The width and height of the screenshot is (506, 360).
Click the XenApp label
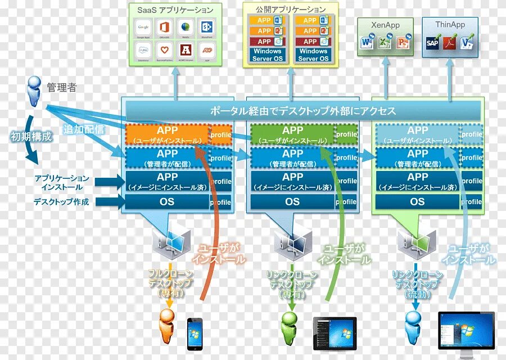[x=386, y=25]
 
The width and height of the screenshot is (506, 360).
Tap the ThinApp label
[x=450, y=25]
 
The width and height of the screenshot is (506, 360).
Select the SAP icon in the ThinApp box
[x=433, y=43]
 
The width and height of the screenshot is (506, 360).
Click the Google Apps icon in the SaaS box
[x=143, y=27]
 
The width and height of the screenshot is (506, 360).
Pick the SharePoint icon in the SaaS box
[x=206, y=27]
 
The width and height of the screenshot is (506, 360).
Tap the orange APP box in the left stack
[x=167, y=134]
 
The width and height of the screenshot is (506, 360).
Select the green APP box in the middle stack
[x=292, y=134]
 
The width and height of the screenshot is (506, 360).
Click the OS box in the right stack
[x=417, y=201]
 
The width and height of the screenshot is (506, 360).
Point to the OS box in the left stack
[x=167, y=201]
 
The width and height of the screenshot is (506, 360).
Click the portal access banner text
[x=303, y=111]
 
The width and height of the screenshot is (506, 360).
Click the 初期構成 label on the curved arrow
[x=31, y=136]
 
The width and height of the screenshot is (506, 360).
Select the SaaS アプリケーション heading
[x=175, y=10]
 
